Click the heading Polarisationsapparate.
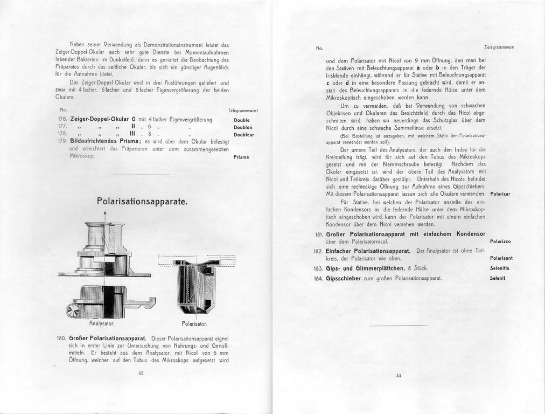tap(142, 202)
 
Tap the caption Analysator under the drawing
tap(102, 325)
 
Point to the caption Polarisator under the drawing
tap(194, 324)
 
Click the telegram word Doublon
tap(243, 127)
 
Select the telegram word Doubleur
tap(243, 135)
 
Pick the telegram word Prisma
tap(241, 157)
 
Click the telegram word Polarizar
tap(500, 193)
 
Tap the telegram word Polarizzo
tap(500, 241)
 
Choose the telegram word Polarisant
tap(501, 258)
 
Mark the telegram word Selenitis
tap(500, 268)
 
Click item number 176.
tap(61, 119)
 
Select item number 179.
tap(61, 141)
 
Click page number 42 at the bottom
tap(140, 372)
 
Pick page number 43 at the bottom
tap(399, 376)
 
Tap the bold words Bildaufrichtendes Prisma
tap(106, 141)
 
